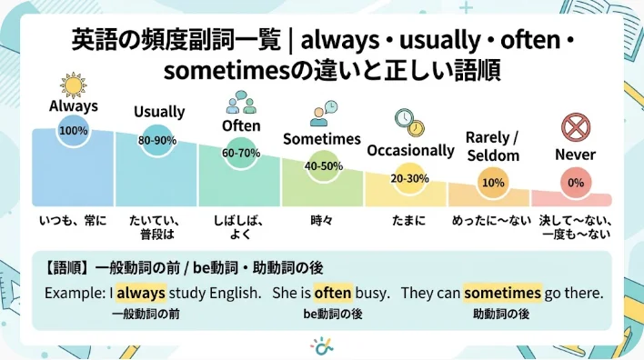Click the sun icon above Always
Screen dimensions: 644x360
coord(73,85)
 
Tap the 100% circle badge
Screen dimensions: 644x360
coord(74,131)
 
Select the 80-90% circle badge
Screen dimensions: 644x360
coord(157,140)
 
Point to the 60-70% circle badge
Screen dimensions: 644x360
coord(241,153)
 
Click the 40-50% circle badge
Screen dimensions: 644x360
coord(324,165)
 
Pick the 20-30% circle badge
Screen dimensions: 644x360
coord(409,178)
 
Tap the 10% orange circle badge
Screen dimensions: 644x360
coord(493,183)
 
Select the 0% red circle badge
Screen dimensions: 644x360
coord(576,183)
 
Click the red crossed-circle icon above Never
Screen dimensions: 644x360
coord(576,127)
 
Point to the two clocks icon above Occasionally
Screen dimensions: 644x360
coord(409,123)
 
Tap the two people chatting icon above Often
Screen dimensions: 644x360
coord(241,102)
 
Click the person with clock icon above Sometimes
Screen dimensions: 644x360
coord(324,114)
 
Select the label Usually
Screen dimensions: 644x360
coord(159,112)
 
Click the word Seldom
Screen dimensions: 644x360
coord(493,155)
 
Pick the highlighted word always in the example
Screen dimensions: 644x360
coord(141,293)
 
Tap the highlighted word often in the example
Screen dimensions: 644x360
coord(333,293)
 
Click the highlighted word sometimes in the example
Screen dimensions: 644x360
coord(502,293)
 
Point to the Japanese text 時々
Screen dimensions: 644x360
coord(322,221)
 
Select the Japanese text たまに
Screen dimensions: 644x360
coord(408,221)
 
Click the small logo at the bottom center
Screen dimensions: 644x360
coord(322,346)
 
